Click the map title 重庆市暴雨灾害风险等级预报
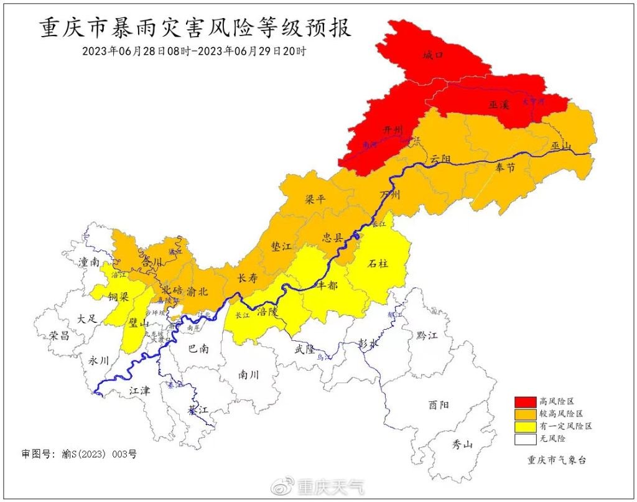click(195, 29)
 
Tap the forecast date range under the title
click(194, 51)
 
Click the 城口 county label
click(432, 55)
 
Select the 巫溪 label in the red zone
click(499, 105)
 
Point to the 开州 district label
click(393, 130)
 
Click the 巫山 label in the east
click(560, 146)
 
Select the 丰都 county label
click(327, 285)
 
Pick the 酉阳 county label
click(438, 405)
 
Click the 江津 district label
click(139, 391)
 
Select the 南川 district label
click(248, 374)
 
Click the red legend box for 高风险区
click(524, 401)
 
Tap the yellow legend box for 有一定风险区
click(524, 426)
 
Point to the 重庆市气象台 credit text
click(556, 460)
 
